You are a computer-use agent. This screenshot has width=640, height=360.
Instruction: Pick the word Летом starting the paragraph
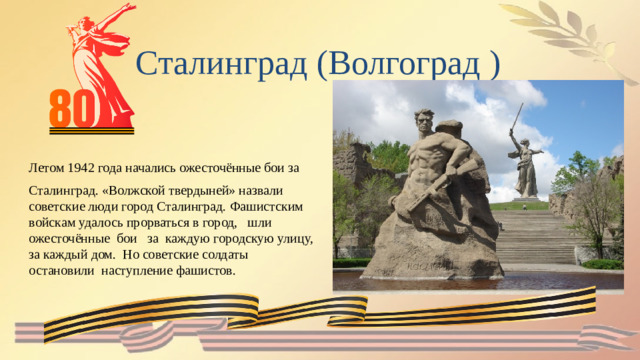pyautogui.click(x=45, y=168)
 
